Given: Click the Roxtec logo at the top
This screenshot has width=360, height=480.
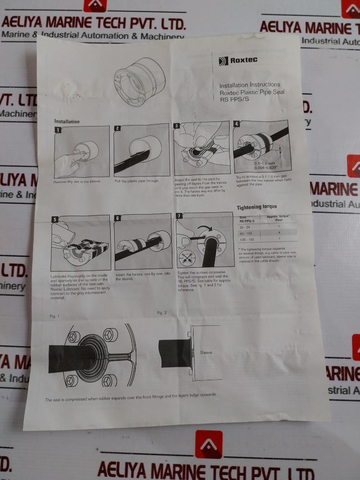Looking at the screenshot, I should pos(238,60).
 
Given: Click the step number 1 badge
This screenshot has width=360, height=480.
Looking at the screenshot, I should pos(58,130).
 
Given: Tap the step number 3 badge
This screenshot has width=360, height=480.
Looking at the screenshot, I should pos(177,126).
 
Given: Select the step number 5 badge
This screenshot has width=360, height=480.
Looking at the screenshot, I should pos(55,220).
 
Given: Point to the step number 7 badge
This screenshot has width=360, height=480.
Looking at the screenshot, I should pos(179,216).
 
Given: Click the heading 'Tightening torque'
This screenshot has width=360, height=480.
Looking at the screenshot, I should pos(257,207).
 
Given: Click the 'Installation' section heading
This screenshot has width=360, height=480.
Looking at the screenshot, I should pos(67,121).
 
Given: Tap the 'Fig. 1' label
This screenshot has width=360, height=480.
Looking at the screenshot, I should pos(54,316).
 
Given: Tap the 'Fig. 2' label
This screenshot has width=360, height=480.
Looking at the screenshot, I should pos(162,313).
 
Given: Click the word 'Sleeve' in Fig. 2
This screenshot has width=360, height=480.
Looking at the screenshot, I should pos(206,353).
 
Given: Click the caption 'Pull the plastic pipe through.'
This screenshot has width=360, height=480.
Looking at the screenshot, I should pos(137,181).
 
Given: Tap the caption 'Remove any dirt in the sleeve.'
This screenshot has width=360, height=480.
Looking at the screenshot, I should pos(77,181).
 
